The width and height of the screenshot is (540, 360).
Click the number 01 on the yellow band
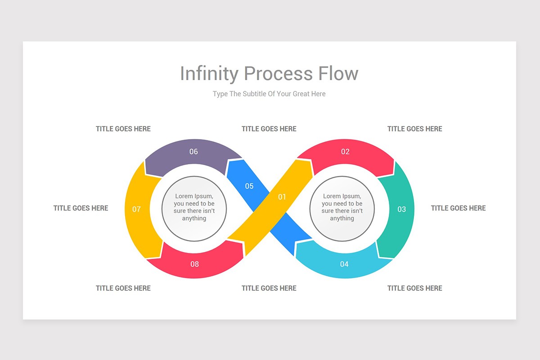pyautogui.click(x=282, y=197)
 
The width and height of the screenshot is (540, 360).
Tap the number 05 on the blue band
pyautogui.click(x=249, y=186)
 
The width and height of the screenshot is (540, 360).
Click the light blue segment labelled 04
pyautogui.click(x=344, y=263)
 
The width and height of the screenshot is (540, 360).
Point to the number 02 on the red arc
pyautogui.click(x=345, y=152)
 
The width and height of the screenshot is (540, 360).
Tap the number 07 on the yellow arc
pyautogui.click(x=136, y=209)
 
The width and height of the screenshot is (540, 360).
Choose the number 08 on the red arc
pyautogui.click(x=194, y=264)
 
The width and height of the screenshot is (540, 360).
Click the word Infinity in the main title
pyautogui.click(x=208, y=74)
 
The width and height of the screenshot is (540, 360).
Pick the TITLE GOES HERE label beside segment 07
pyautogui.click(x=81, y=208)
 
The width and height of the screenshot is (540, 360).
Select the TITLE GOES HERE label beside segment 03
pyautogui.click(x=458, y=208)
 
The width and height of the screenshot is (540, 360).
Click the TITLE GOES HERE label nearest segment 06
pyautogui.click(x=123, y=129)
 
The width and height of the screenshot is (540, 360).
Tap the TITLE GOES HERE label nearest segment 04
pyautogui.click(x=414, y=288)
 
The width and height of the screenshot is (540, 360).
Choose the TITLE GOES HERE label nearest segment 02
pyautogui.click(x=414, y=129)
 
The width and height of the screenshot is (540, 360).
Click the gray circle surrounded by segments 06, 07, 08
pyautogui.click(x=194, y=208)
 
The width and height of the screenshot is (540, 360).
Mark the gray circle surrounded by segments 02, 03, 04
pyautogui.click(x=342, y=208)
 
